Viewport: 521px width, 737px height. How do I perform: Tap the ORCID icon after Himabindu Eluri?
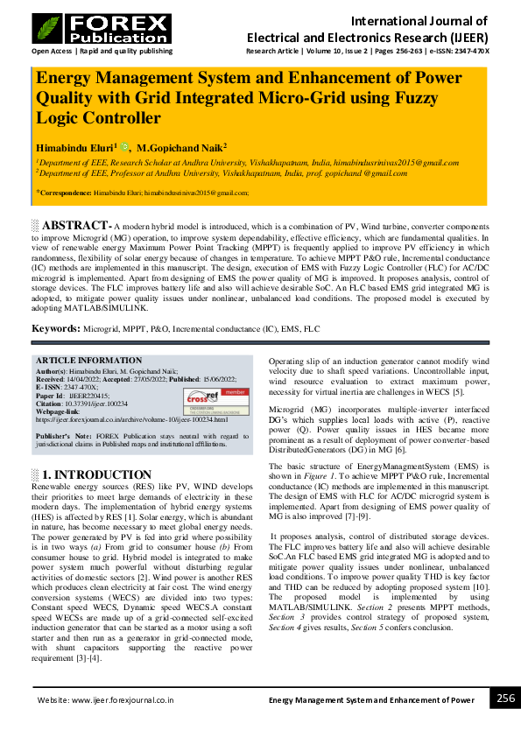click(x=124, y=147)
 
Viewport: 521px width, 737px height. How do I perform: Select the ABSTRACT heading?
click(x=77, y=225)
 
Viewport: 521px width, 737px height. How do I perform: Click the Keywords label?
click(x=56, y=328)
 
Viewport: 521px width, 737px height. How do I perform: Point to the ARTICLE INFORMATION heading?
click(x=88, y=361)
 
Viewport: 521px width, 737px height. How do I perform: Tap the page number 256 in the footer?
click(x=505, y=698)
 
